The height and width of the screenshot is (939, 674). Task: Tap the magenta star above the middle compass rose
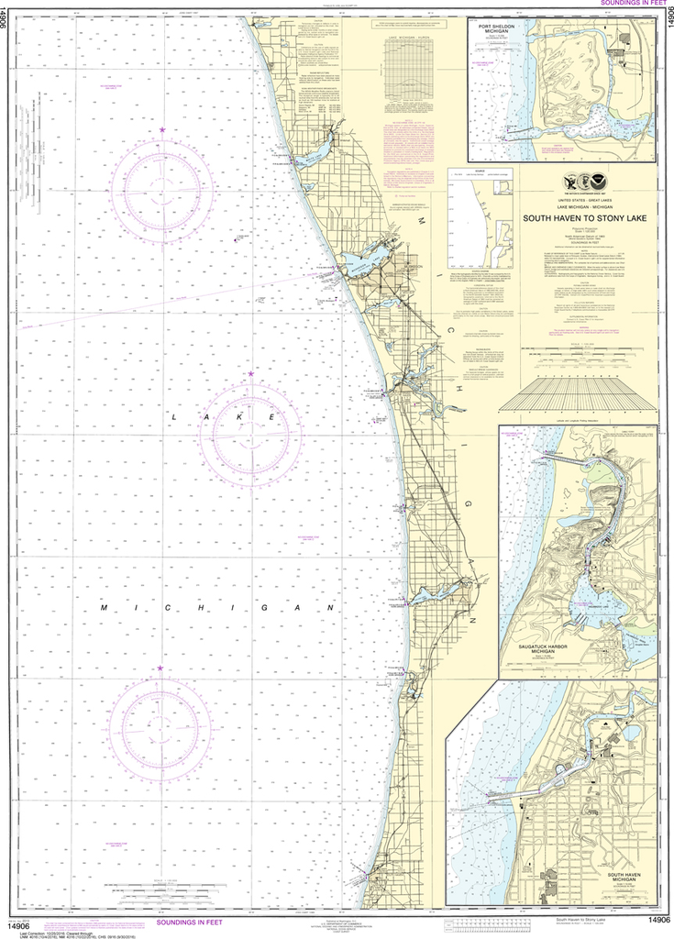click(x=250, y=374)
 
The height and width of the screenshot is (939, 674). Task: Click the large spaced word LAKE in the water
click(x=224, y=417)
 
